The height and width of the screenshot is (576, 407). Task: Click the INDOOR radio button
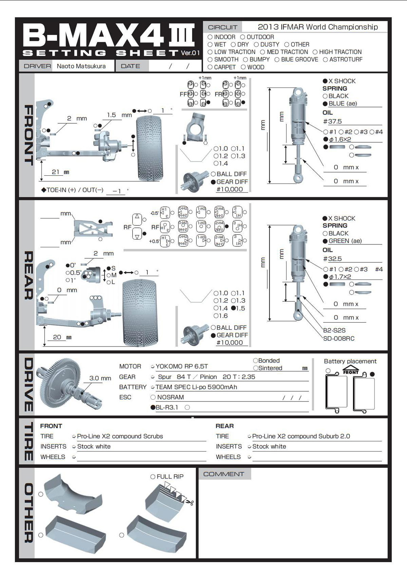pyautogui.click(x=210, y=37)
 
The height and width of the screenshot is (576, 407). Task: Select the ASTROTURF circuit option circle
pyautogui.click(x=325, y=59)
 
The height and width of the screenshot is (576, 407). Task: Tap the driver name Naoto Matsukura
pyautogui.click(x=81, y=66)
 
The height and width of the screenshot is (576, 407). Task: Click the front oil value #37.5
pyautogui.click(x=333, y=121)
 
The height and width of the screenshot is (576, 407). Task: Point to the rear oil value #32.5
pyautogui.click(x=333, y=259)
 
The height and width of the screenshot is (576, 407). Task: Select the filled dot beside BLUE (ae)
pyautogui.click(x=325, y=104)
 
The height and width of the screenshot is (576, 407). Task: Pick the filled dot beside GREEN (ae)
pyautogui.click(x=325, y=241)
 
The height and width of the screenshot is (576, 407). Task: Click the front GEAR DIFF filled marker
pyautogui.click(x=213, y=182)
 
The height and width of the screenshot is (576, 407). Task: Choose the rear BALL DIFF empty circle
pyautogui.click(x=213, y=327)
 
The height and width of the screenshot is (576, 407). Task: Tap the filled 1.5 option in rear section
pyautogui.click(x=233, y=308)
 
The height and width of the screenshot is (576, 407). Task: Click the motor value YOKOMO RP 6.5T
pyautogui.click(x=182, y=366)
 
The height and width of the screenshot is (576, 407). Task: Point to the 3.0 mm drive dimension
pyautogui.click(x=100, y=378)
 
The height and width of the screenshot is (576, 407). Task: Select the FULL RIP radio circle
pyautogui.click(x=153, y=476)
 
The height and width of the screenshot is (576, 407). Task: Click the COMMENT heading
pyautogui.click(x=223, y=474)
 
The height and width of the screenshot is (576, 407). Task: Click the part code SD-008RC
pyautogui.click(x=339, y=338)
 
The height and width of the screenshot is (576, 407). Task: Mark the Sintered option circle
pyautogui.click(x=256, y=368)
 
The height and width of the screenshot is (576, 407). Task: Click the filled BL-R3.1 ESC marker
pyautogui.click(x=153, y=407)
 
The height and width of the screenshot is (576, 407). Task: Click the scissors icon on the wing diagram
pyautogui.click(x=190, y=502)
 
